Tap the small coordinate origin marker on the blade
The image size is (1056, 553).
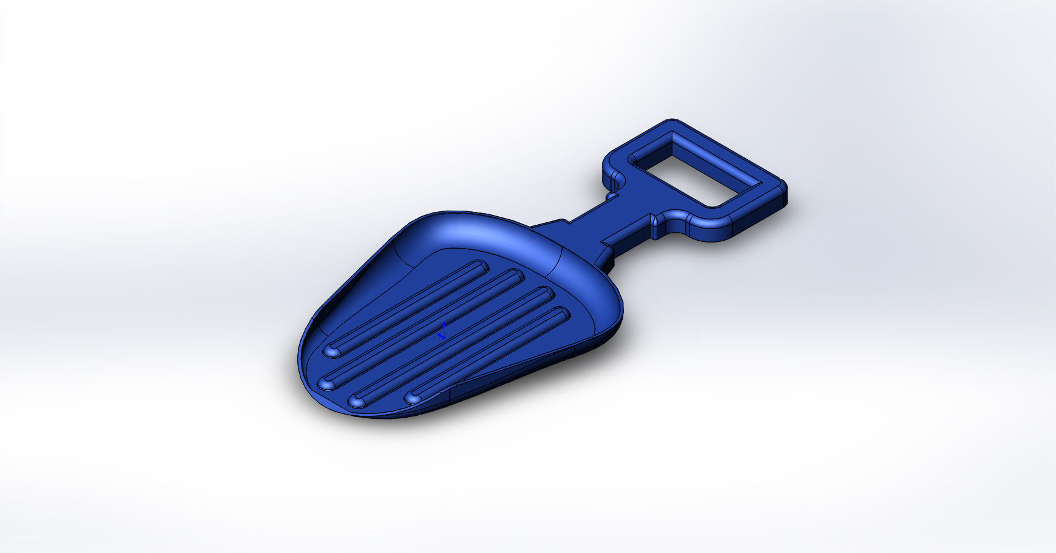point(442,333)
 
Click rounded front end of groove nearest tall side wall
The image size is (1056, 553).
point(333,351)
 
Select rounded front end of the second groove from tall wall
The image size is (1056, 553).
point(326,384)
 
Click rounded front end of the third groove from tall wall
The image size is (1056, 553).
point(357,401)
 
